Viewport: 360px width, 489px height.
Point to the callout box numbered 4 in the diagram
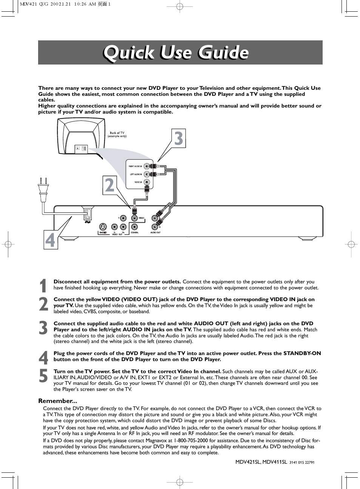point(50,240)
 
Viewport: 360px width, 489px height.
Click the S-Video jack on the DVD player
point(103,227)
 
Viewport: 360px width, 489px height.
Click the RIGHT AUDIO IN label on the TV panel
point(135,166)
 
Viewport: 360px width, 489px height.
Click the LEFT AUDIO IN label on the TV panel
point(136,174)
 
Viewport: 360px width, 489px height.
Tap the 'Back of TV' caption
point(117,134)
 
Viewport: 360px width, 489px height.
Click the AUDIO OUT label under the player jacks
point(155,233)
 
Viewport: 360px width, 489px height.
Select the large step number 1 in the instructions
point(44,286)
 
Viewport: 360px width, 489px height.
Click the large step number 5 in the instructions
point(44,376)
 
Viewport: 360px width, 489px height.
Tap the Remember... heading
point(55,401)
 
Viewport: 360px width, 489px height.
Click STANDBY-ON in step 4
point(302,354)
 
